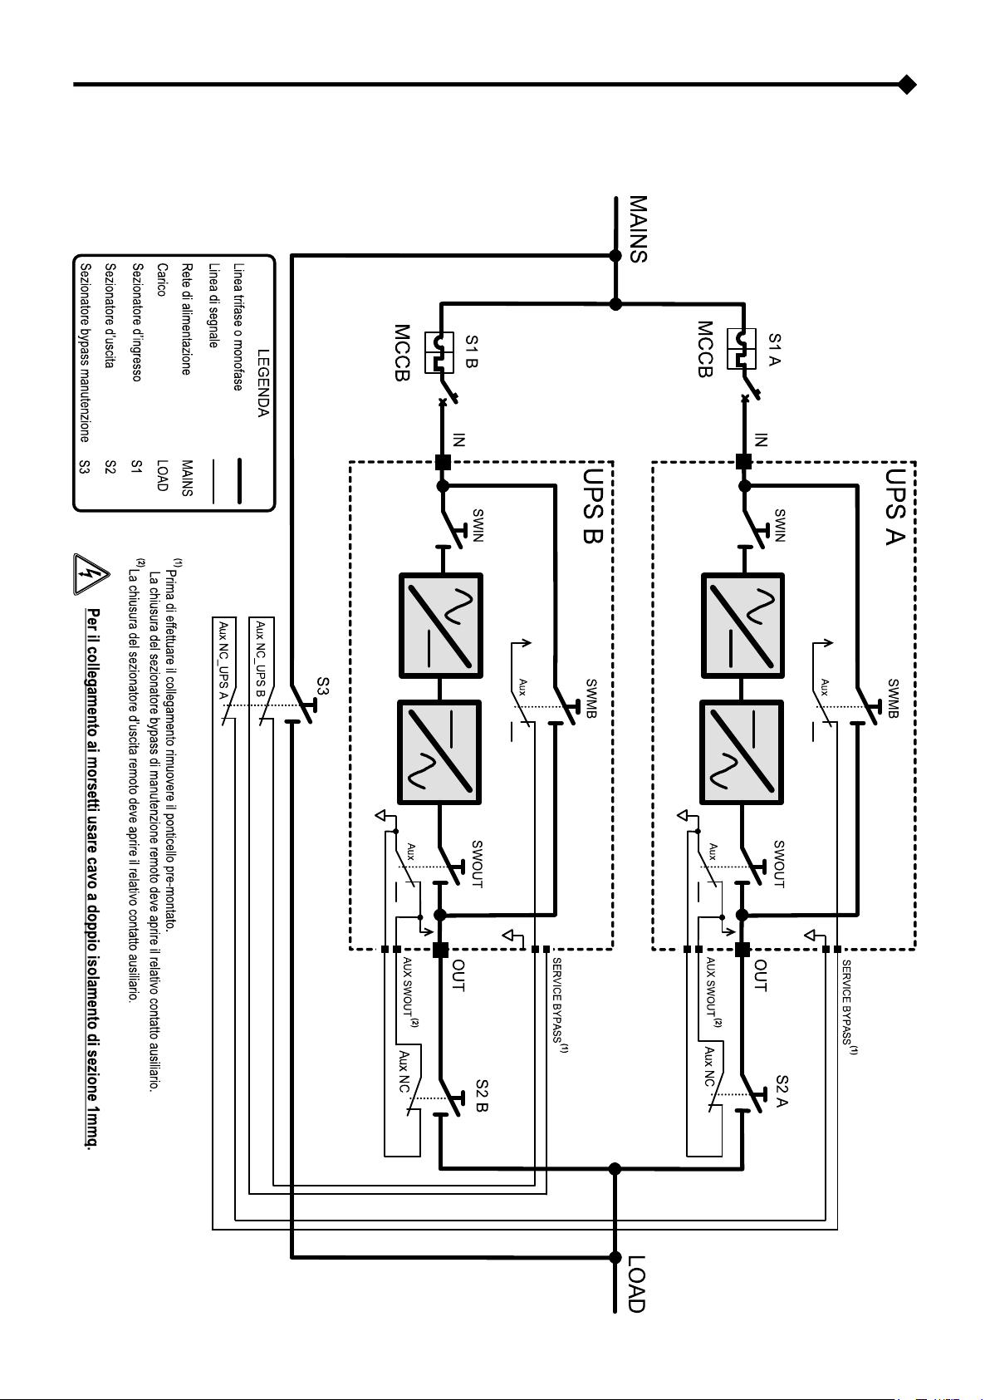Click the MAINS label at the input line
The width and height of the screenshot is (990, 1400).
point(638,229)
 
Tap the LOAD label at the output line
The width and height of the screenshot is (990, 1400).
point(636,1284)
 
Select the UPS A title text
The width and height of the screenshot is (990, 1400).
point(895,507)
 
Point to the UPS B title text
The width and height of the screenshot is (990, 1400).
point(593,506)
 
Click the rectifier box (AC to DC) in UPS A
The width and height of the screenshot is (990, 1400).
point(742,625)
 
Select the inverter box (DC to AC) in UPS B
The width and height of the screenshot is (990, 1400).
point(440,751)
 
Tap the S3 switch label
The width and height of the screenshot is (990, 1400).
point(323,686)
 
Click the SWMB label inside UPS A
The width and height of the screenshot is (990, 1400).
point(893,698)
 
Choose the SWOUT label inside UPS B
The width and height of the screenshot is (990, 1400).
point(478,864)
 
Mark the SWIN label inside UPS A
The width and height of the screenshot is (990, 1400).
point(780,525)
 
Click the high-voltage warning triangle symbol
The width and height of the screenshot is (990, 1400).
point(91,574)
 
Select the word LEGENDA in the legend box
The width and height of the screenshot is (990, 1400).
point(263,383)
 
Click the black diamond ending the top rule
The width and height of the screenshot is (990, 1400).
point(907,85)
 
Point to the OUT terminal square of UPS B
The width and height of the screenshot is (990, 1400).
point(440,950)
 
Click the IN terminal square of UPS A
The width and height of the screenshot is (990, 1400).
point(743,462)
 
